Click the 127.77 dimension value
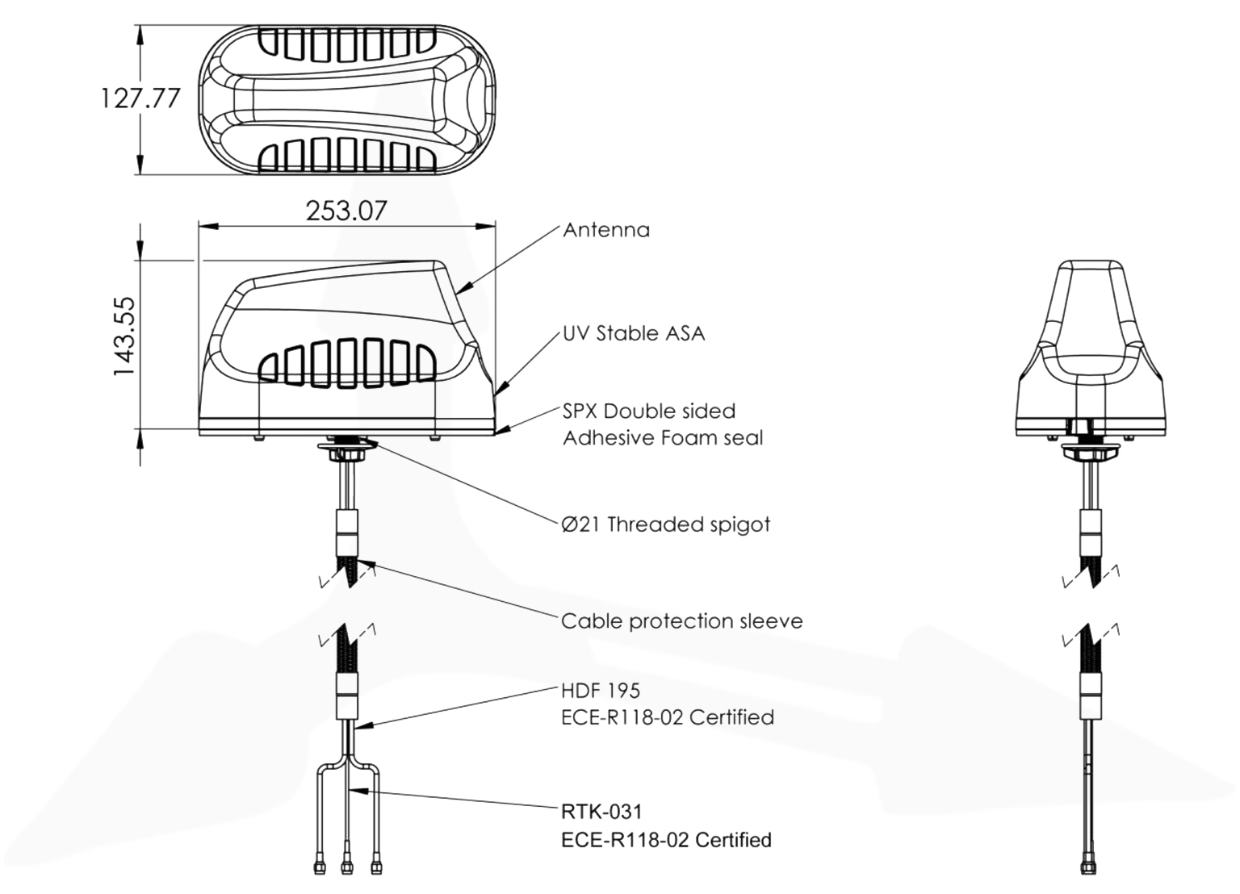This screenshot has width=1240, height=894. pos(140,98)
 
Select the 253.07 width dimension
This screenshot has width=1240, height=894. pos(346,211)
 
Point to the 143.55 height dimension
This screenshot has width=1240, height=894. pos(124,336)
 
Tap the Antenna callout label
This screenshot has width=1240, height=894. pos(605,230)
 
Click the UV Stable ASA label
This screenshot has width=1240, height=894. pos(633,333)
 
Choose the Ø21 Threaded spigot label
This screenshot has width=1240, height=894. pos(665,524)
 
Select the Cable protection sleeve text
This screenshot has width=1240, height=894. pos(681,621)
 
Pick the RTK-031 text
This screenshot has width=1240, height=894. pos(601,811)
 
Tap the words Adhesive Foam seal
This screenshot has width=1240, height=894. pos(662,438)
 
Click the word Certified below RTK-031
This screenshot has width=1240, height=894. pos(733,840)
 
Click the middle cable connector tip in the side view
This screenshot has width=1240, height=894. pos(347,867)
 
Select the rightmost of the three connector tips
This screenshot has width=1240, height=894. pos(376,867)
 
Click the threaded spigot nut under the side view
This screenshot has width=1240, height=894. pos(347,447)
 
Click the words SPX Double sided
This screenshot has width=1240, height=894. pos(648,411)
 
